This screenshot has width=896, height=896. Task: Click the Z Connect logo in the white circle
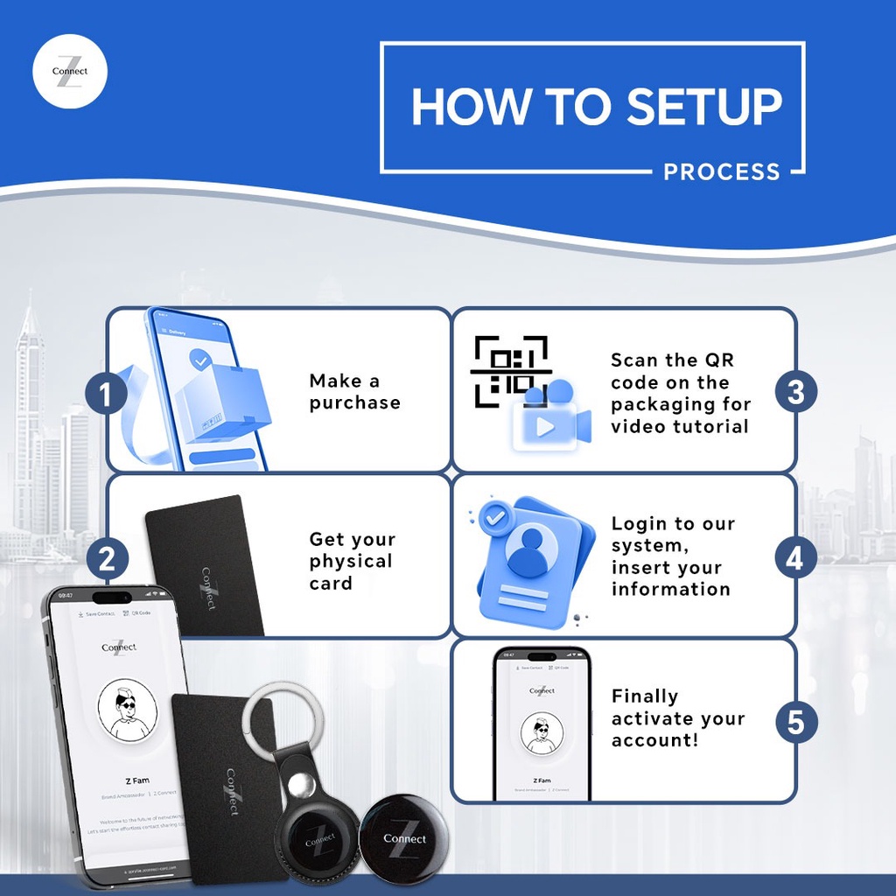click(x=70, y=71)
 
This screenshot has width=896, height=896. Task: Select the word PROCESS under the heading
click(x=721, y=171)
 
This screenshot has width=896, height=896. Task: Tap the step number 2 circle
click(x=107, y=558)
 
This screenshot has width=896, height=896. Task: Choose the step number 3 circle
click(x=795, y=391)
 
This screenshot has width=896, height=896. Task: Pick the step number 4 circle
click(x=795, y=558)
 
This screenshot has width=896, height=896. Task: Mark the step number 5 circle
click(x=795, y=723)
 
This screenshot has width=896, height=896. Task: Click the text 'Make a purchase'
click(x=354, y=392)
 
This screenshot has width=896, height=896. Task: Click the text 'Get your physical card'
click(x=352, y=561)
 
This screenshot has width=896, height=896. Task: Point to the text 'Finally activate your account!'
click(x=677, y=718)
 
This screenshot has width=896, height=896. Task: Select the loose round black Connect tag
click(x=404, y=837)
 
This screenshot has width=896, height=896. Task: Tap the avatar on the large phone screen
click(x=127, y=710)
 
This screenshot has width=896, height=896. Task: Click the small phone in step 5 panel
click(x=542, y=724)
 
